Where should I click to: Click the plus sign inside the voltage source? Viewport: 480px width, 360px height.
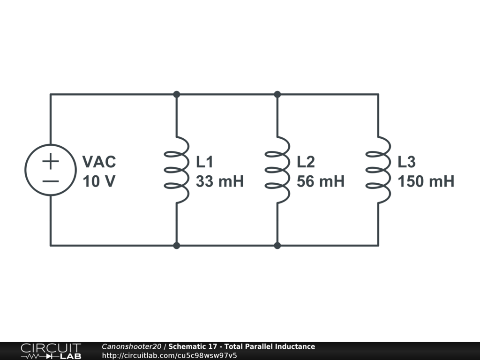pos(51,162)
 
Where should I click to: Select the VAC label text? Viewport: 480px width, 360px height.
pos(99,162)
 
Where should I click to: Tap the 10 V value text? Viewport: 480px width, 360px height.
pos(99,181)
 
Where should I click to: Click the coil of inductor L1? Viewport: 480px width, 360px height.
pos(177,170)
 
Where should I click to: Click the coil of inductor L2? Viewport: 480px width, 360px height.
pos(277,170)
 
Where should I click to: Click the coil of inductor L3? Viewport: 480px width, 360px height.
pos(378,170)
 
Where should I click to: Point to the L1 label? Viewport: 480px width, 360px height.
pos(204,162)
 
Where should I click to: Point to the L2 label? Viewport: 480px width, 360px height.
pos(306,162)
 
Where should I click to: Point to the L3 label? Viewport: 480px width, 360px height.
pos(406,162)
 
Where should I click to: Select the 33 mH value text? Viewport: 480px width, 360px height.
pos(220,181)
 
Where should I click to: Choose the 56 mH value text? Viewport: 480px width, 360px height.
pos(321,181)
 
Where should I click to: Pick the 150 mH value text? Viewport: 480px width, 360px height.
pos(426,181)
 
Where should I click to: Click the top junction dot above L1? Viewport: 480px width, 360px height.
pos(177,94)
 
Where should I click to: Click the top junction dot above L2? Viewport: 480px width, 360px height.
pos(277,94)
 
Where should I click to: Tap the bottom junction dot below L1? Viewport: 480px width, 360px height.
pos(177,245)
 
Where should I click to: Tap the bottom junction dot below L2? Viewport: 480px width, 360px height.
pos(277,245)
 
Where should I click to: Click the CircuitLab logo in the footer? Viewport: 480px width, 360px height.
pos(51,351)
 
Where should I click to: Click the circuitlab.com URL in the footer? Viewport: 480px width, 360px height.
pos(169,355)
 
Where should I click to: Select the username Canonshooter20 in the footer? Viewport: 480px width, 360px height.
pos(132,347)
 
